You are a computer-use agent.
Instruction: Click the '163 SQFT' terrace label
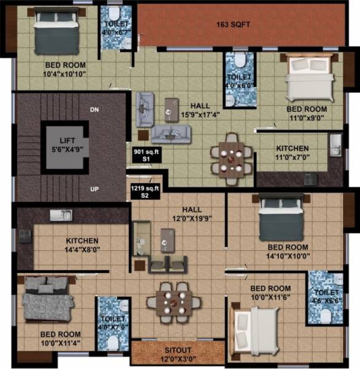tap(236, 25)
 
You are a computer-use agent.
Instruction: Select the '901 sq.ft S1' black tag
tap(147, 154)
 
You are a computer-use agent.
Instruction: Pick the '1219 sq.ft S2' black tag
tap(145, 191)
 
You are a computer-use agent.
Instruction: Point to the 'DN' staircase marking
tap(94, 109)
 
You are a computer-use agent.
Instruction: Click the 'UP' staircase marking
tap(94, 189)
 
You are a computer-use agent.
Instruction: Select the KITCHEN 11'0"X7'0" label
tap(292, 153)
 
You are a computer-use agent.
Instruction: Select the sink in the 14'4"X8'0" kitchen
tap(63, 215)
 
